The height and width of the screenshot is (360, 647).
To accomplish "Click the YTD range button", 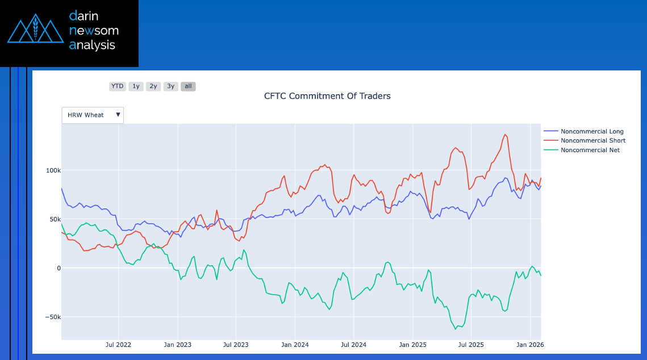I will point(117,86).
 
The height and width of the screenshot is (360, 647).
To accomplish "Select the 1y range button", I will point(135,86).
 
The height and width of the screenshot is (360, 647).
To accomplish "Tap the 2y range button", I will point(153,86).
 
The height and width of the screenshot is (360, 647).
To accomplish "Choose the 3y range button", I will point(170,86).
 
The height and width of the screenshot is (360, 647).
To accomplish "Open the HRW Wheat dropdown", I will point(93,115).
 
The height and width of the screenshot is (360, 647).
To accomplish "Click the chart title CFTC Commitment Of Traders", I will point(327,96).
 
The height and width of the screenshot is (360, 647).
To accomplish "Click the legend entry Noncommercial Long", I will point(592,132).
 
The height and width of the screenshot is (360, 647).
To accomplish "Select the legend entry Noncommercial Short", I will point(592,141).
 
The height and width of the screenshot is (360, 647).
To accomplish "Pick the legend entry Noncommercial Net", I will point(590,150).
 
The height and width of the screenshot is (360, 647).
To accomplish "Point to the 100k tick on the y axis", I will point(53,170).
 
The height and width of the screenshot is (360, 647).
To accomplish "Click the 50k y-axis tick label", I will point(55,219).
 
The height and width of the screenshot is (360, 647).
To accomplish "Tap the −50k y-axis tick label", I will point(53,317).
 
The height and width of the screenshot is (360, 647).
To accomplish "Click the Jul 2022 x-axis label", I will point(119,345).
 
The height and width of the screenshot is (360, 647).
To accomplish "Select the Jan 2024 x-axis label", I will point(295,345).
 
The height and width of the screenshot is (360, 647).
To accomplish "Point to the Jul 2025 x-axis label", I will point(470,345).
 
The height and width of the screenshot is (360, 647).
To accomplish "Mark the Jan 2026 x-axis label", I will point(529,345).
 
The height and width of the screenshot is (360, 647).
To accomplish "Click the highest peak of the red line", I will point(504,134).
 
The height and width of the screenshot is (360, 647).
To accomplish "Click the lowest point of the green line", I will point(456,329).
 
